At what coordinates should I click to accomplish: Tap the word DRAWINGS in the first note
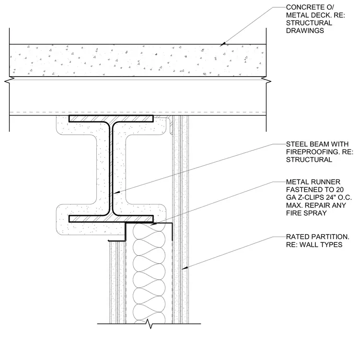click(305, 31)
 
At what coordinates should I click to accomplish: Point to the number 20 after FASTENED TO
click(339, 190)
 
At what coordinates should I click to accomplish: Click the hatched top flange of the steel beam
click(111, 119)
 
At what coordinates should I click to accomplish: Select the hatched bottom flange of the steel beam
click(111, 219)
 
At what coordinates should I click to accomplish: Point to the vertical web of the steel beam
click(111, 169)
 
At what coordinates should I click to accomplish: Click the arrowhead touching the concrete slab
click(222, 44)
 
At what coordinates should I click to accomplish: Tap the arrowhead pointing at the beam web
click(116, 193)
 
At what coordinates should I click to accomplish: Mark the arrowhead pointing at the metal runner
click(153, 224)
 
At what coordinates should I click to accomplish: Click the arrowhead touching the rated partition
click(184, 268)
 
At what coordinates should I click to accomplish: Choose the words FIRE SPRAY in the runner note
click(306, 213)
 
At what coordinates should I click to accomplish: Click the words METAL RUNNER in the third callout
click(313, 182)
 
